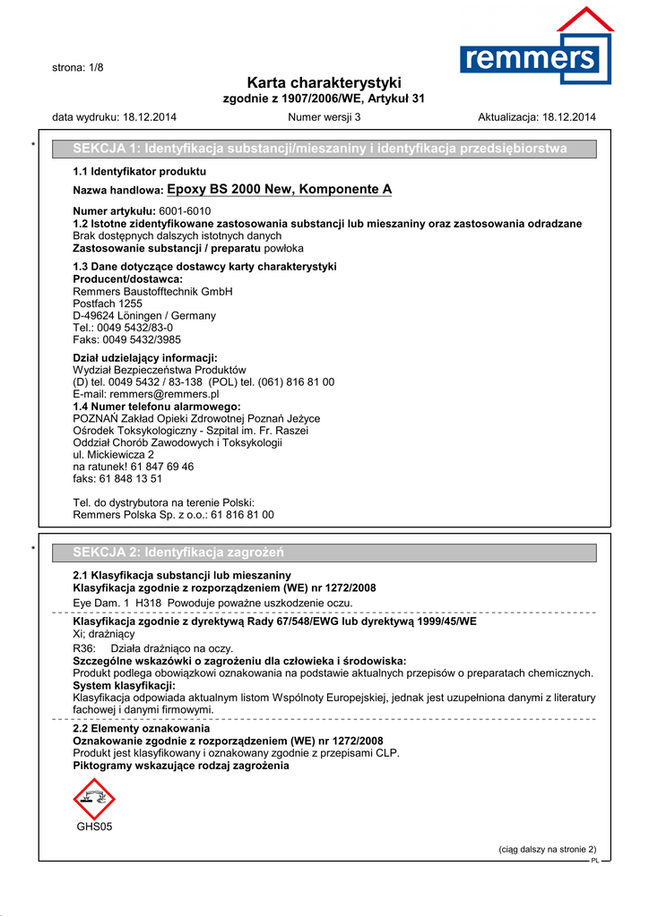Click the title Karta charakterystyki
point(324,82)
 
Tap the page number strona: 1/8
point(78,68)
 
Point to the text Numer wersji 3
point(324,117)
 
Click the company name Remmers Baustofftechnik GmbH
point(152,292)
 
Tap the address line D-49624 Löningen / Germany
point(143,316)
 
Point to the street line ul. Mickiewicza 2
point(113,455)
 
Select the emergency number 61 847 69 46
point(161,467)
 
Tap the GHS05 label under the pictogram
point(94,827)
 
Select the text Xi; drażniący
point(103,634)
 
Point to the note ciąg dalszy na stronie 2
point(547,850)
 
